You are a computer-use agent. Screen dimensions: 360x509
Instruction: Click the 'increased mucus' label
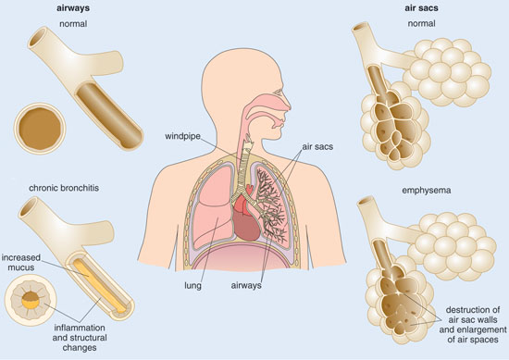click(x=23, y=262)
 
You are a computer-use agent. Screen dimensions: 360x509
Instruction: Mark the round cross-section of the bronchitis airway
click(x=33, y=302)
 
